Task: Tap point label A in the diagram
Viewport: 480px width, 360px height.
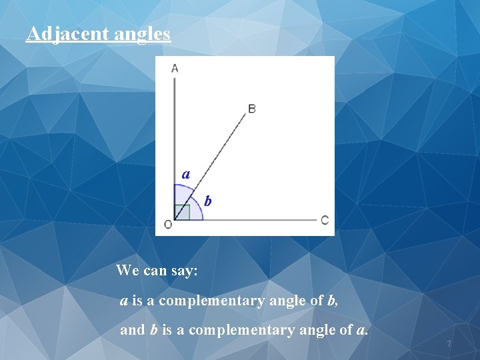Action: pyautogui.click(x=175, y=67)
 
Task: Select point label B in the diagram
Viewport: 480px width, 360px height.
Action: pyautogui.click(x=251, y=108)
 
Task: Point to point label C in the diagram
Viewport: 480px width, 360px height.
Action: pyautogui.click(x=325, y=220)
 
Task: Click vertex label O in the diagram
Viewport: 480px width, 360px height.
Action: pyautogui.click(x=167, y=225)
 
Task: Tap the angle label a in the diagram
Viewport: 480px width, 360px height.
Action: pyautogui.click(x=186, y=175)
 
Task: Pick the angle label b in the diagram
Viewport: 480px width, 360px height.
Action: pyautogui.click(x=208, y=200)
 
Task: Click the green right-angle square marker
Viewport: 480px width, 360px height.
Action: pyautogui.click(x=182, y=212)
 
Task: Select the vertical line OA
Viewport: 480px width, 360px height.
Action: pyautogui.click(x=175, y=133)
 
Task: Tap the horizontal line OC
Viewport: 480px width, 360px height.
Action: pyautogui.click(x=253, y=219)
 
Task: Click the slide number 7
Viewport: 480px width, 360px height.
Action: pyautogui.click(x=449, y=344)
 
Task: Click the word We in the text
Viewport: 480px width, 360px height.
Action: pyautogui.click(x=127, y=270)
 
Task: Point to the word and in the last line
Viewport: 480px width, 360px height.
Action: pyautogui.click(x=132, y=330)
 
